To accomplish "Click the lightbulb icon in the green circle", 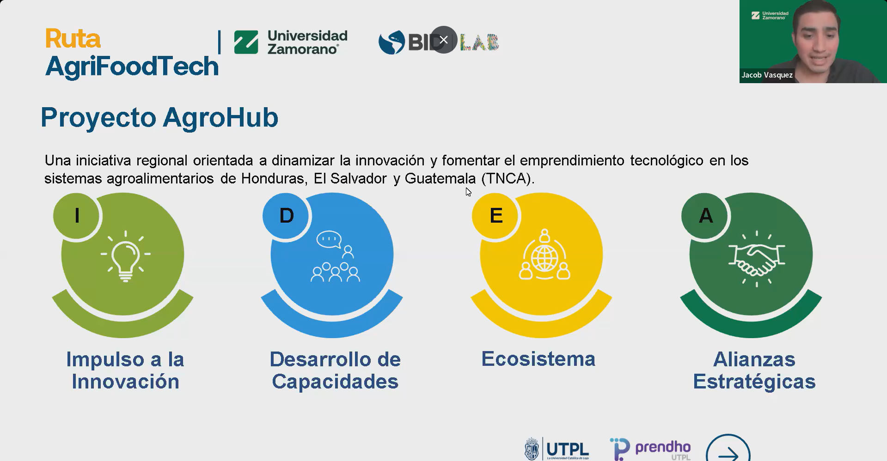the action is (x=126, y=256).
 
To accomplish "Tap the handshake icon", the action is (x=757, y=259).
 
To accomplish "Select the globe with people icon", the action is (x=544, y=255).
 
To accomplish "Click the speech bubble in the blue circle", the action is (x=329, y=239).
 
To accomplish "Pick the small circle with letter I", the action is (x=77, y=216).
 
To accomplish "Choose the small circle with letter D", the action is (x=286, y=216).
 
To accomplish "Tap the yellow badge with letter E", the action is (x=495, y=216).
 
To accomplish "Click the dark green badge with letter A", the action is (x=705, y=216).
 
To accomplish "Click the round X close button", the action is (x=444, y=40).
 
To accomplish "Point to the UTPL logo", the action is (x=557, y=449).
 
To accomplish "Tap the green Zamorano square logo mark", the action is (x=246, y=42).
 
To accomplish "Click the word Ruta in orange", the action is (x=73, y=38).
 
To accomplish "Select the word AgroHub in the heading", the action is (x=220, y=117).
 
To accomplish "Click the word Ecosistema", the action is (x=538, y=359).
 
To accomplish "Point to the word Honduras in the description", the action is (x=274, y=178).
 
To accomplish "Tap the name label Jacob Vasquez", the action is (x=767, y=75).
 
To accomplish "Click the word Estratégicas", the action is (x=754, y=382).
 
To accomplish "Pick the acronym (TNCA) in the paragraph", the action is (x=508, y=178).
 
